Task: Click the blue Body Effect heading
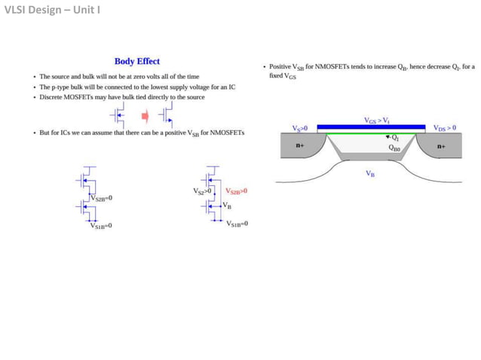click(x=136, y=62)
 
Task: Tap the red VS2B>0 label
click(x=236, y=191)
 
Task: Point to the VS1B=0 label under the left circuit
click(x=101, y=224)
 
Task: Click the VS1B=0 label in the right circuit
click(x=237, y=224)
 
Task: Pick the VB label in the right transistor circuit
click(x=227, y=205)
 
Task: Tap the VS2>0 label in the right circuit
click(x=204, y=191)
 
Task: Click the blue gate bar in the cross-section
click(x=370, y=128)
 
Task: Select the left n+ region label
click(x=300, y=145)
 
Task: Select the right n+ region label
click(x=440, y=145)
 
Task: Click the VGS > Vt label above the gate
click(x=376, y=120)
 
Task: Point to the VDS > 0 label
click(x=444, y=128)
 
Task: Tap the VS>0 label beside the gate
click(x=299, y=128)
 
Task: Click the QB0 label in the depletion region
click(x=394, y=148)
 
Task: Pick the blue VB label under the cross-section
click(x=370, y=173)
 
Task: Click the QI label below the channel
click(x=394, y=138)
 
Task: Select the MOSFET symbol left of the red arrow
click(x=119, y=116)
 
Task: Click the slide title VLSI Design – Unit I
click(x=52, y=10)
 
